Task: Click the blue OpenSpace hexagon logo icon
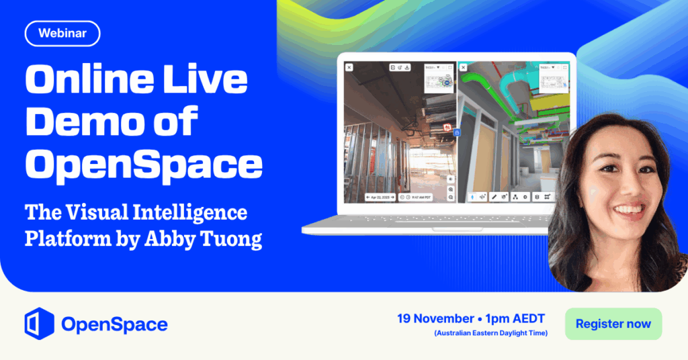(38, 324)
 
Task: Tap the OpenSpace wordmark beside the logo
(114, 325)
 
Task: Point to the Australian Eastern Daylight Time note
(490, 334)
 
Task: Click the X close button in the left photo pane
(349, 67)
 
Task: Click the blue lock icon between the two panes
(456, 133)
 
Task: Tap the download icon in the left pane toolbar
(408, 67)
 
